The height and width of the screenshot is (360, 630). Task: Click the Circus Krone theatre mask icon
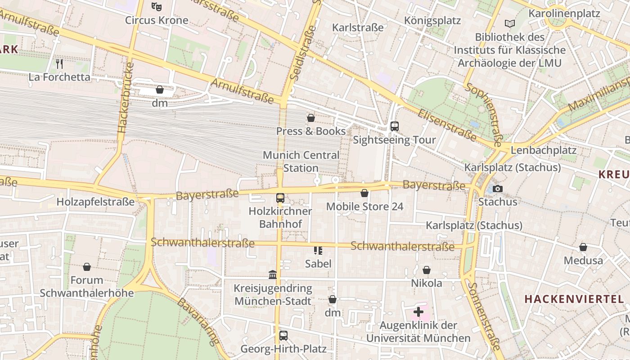[x=156, y=7]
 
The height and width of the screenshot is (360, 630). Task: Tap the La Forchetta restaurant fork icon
[x=59, y=64]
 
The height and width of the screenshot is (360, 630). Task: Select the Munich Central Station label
[x=301, y=162]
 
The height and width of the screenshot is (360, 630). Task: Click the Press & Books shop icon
[x=310, y=118]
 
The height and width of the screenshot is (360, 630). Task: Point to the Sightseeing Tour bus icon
[x=395, y=126]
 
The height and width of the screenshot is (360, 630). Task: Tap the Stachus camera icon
[x=497, y=189]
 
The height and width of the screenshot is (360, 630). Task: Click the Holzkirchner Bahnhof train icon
[x=280, y=198]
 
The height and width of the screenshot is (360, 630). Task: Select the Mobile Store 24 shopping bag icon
[x=364, y=193]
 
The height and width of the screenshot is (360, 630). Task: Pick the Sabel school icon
[x=318, y=250]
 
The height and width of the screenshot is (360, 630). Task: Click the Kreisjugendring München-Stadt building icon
[x=273, y=274]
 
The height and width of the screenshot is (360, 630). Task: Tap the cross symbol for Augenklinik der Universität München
[x=418, y=311]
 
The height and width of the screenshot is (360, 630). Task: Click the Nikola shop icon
[x=426, y=270]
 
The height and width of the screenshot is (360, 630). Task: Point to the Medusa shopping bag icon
[x=583, y=247]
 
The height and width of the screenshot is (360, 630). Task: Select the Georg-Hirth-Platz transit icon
[x=283, y=335]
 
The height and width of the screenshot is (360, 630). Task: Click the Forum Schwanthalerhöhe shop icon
[x=87, y=267]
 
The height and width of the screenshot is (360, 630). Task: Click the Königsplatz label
[x=432, y=21]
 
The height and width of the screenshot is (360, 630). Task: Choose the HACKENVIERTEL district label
[x=574, y=299]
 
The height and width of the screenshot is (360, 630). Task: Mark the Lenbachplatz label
[x=544, y=150]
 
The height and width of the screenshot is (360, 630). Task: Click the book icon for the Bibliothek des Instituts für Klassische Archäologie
[x=509, y=23]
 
